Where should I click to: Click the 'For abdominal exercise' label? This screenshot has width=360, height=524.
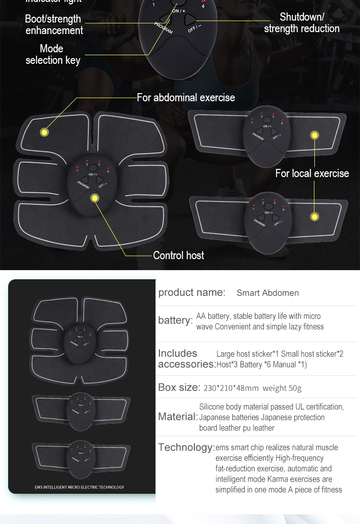tap(186, 97)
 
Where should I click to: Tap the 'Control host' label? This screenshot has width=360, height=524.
tap(179, 255)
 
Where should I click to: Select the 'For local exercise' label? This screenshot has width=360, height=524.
tap(312, 173)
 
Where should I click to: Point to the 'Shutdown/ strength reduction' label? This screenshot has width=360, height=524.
tap(301, 23)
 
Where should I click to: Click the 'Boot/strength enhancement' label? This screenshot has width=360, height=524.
tap(53, 24)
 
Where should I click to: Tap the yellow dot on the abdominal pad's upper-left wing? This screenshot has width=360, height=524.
tap(45, 132)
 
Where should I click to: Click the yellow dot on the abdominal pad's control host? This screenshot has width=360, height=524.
tap(95, 198)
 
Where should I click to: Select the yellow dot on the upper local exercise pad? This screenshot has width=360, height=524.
tap(315, 135)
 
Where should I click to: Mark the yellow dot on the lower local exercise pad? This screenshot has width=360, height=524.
tap(315, 217)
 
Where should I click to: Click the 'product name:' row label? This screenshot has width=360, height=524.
tap(192, 292)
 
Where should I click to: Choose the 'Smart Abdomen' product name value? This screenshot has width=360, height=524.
tap(267, 293)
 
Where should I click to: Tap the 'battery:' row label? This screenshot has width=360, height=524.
tap(175, 321)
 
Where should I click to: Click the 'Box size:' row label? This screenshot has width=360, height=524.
tap(179, 387)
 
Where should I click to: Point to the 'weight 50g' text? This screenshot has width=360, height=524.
tap(282, 388)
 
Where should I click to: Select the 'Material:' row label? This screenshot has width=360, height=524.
tap(178, 417)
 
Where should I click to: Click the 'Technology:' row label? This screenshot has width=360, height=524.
tap(186, 447)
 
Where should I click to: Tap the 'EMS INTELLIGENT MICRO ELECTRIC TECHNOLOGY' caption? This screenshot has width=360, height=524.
tap(79, 487)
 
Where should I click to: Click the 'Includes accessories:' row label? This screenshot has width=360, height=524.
tap(187, 358)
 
